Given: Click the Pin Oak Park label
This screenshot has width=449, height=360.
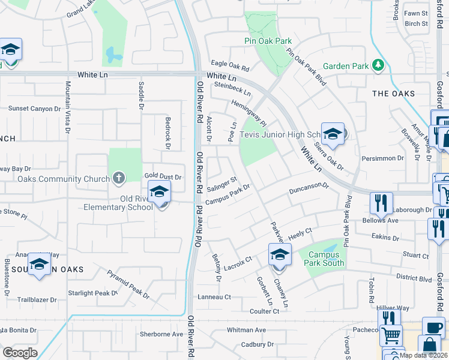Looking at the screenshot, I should click(x=268, y=41).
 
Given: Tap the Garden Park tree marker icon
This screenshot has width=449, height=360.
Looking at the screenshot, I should click(x=378, y=64).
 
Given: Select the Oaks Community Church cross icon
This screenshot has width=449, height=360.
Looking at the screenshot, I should click(x=119, y=178).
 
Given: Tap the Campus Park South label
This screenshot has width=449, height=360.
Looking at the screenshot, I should click(x=327, y=259).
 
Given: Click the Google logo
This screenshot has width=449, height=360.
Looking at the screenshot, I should click(x=20, y=352).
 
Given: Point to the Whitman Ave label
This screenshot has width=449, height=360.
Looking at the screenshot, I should click(x=246, y=330).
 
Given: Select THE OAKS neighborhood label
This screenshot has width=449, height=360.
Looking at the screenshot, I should click(x=393, y=94).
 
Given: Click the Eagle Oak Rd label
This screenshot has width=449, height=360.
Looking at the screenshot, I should click(x=229, y=66).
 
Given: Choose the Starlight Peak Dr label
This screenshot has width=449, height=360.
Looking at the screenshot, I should click(x=93, y=293).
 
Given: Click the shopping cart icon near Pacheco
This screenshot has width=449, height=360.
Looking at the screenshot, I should click(x=391, y=335).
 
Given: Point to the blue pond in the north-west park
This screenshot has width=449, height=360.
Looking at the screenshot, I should click(x=112, y=56).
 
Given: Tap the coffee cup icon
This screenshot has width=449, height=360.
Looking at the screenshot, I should click(x=433, y=328).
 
